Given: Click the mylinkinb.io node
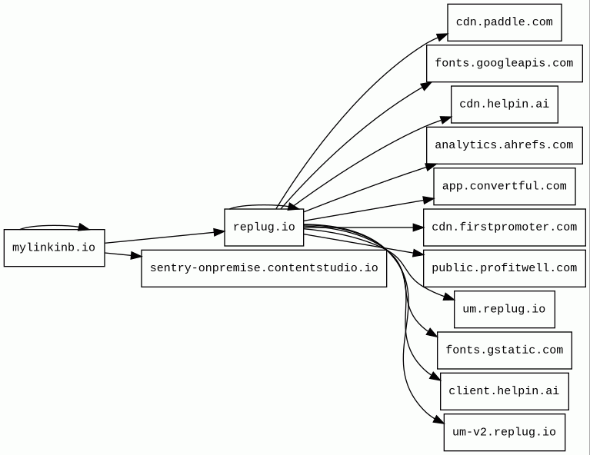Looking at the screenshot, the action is tap(54, 247).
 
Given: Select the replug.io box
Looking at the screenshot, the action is tap(264, 227).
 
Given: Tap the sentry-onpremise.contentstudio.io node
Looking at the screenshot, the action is tap(264, 268).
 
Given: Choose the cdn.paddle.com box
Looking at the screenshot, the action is tap(504, 22).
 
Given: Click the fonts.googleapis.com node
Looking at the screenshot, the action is tap(504, 63).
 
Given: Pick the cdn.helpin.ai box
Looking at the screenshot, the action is tap(504, 105).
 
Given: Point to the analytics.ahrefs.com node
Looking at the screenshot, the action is tap(504, 145).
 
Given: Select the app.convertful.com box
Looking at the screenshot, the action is tap(504, 186).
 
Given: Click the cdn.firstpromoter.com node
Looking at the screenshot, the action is tap(504, 227).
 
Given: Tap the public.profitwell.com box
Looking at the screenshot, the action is tap(504, 268).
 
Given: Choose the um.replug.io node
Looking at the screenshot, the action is tap(504, 309).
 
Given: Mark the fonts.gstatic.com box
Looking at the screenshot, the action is tap(504, 350).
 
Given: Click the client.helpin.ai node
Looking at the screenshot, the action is tap(504, 391).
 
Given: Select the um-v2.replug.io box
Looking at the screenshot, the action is tap(504, 432).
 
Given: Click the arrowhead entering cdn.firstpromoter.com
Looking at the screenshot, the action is tap(418, 227).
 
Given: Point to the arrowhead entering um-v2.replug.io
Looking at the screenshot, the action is tap(439, 420).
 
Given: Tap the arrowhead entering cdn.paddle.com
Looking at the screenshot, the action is tap(442, 37).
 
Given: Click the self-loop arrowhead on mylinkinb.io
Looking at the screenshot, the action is tap(84, 227).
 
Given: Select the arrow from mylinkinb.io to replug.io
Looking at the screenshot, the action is tap(165, 237).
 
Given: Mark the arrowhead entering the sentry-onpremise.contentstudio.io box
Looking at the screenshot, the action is tap(136, 256).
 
